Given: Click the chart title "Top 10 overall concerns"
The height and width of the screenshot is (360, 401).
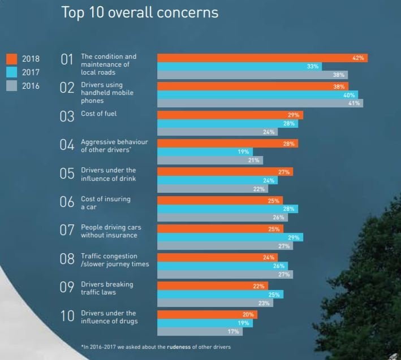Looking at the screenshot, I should click(140, 13).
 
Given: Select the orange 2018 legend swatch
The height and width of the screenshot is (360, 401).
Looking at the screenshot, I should click(12, 59).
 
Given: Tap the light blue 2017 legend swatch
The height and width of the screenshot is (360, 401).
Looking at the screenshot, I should click(12, 73).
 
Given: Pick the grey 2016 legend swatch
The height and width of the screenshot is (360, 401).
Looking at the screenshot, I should click(12, 87).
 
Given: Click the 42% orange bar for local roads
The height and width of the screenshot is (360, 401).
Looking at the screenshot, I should click(262, 58).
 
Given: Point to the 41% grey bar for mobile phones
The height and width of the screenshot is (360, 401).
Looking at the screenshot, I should click(260, 103).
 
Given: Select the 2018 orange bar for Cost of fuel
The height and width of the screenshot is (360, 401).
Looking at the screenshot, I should click(230, 115).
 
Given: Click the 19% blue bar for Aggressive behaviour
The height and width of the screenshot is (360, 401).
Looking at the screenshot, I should click(205, 152).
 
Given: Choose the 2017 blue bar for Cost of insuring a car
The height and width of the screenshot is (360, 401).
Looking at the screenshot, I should click(227, 209).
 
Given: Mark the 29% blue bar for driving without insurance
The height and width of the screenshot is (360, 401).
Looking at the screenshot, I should click(230, 237).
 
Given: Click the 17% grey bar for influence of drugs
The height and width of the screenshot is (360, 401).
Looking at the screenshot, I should click(200, 331).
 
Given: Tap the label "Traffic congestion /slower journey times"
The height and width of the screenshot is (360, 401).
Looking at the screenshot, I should click(108, 259).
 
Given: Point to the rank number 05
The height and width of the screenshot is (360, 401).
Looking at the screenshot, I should click(67, 174).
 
